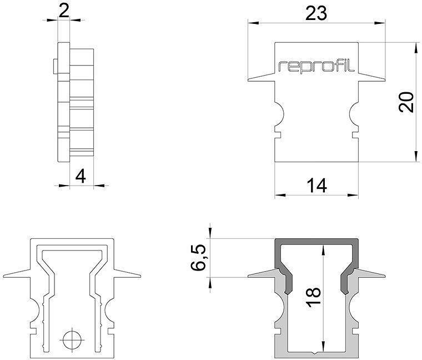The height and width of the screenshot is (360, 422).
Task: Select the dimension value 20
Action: click(407, 102)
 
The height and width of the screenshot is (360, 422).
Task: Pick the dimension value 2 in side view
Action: click(64, 11)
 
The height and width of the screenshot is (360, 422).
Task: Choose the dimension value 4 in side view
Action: click(81, 177)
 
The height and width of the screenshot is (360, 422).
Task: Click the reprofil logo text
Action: click(316, 67)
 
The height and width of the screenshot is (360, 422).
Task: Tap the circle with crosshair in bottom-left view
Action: click(71, 338)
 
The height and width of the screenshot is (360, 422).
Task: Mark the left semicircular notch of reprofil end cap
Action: click(280, 116)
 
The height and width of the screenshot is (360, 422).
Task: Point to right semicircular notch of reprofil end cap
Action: click(353, 116)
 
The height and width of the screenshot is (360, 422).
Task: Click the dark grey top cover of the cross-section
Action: click(316, 243)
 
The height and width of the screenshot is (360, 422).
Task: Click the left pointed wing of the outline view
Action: click(16, 274)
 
